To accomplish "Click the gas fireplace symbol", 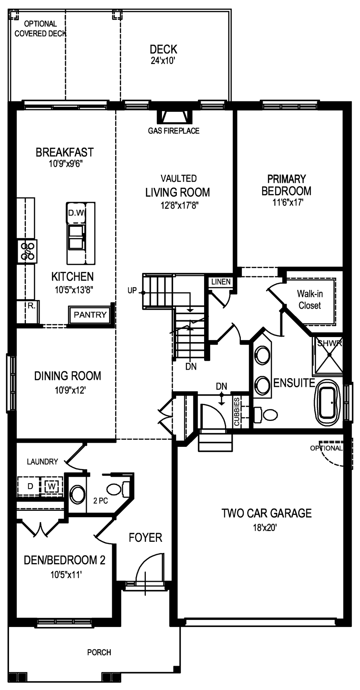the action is tap(174, 117).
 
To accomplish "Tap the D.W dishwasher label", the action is tap(76, 213).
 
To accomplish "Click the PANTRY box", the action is tap(90, 315).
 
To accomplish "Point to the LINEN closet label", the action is tap(221, 282).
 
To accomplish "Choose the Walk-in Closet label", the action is tap(310, 300).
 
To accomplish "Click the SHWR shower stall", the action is tap(329, 355).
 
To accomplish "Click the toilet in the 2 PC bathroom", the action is tap(118, 489).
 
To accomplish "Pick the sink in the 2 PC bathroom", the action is tap(77, 494).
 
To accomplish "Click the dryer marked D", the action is tap(31, 486).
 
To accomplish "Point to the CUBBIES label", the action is tap(237, 412).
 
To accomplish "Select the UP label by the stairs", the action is tap(132, 290).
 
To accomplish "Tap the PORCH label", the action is tap(99, 652).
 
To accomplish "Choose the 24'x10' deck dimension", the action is tap(163, 61).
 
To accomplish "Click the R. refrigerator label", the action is tap(32, 306).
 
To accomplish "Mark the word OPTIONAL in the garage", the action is tap(326, 448).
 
